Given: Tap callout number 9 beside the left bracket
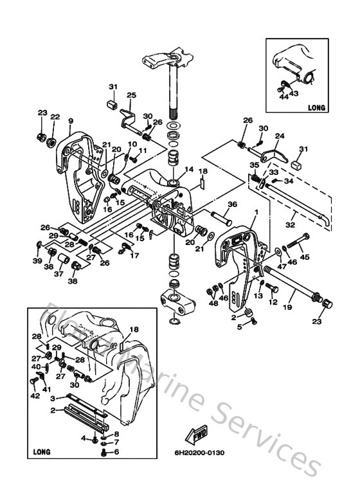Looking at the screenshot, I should click(71, 120).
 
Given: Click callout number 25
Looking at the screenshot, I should click(131, 95).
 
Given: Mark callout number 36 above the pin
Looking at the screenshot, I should click(232, 205).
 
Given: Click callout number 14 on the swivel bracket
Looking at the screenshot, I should click(189, 170).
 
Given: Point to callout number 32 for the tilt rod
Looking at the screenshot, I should click(291, 226).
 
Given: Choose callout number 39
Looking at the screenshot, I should click(38, 260).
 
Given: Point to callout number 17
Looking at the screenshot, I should click(134, 255).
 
